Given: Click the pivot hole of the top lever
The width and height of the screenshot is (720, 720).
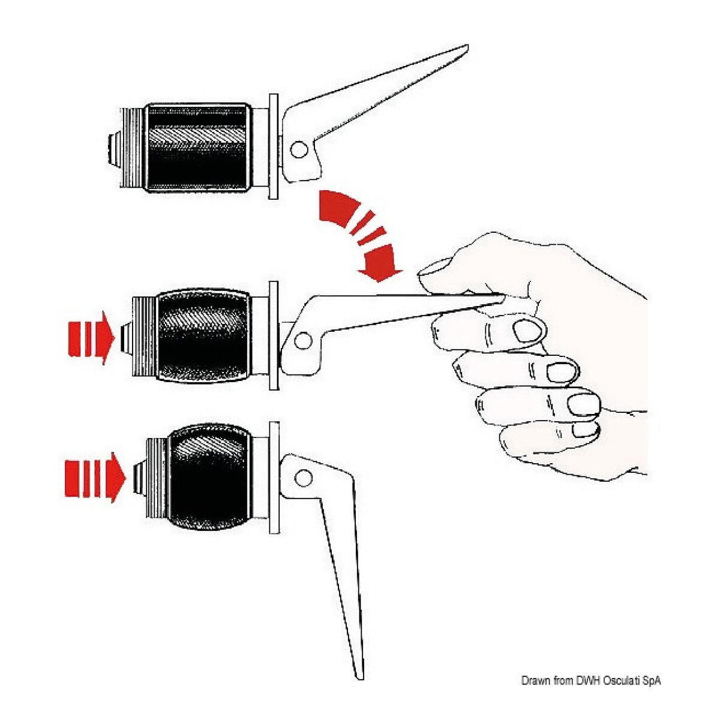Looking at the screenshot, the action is coord(299,149).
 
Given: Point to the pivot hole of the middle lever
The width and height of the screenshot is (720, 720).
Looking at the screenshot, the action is coord(302,340).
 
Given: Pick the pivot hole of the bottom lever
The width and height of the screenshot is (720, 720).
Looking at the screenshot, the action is coord(303,477).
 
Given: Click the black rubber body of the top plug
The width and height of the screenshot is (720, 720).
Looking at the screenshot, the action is coord(199,148).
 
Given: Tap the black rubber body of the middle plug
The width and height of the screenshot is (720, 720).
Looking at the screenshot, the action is coord(203,335).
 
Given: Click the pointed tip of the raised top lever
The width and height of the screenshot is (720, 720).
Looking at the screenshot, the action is coord(467,46).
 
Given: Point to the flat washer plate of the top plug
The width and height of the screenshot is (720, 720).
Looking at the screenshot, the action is coord(274,146).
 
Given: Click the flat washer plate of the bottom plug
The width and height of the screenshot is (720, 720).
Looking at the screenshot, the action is coord(274,478).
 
